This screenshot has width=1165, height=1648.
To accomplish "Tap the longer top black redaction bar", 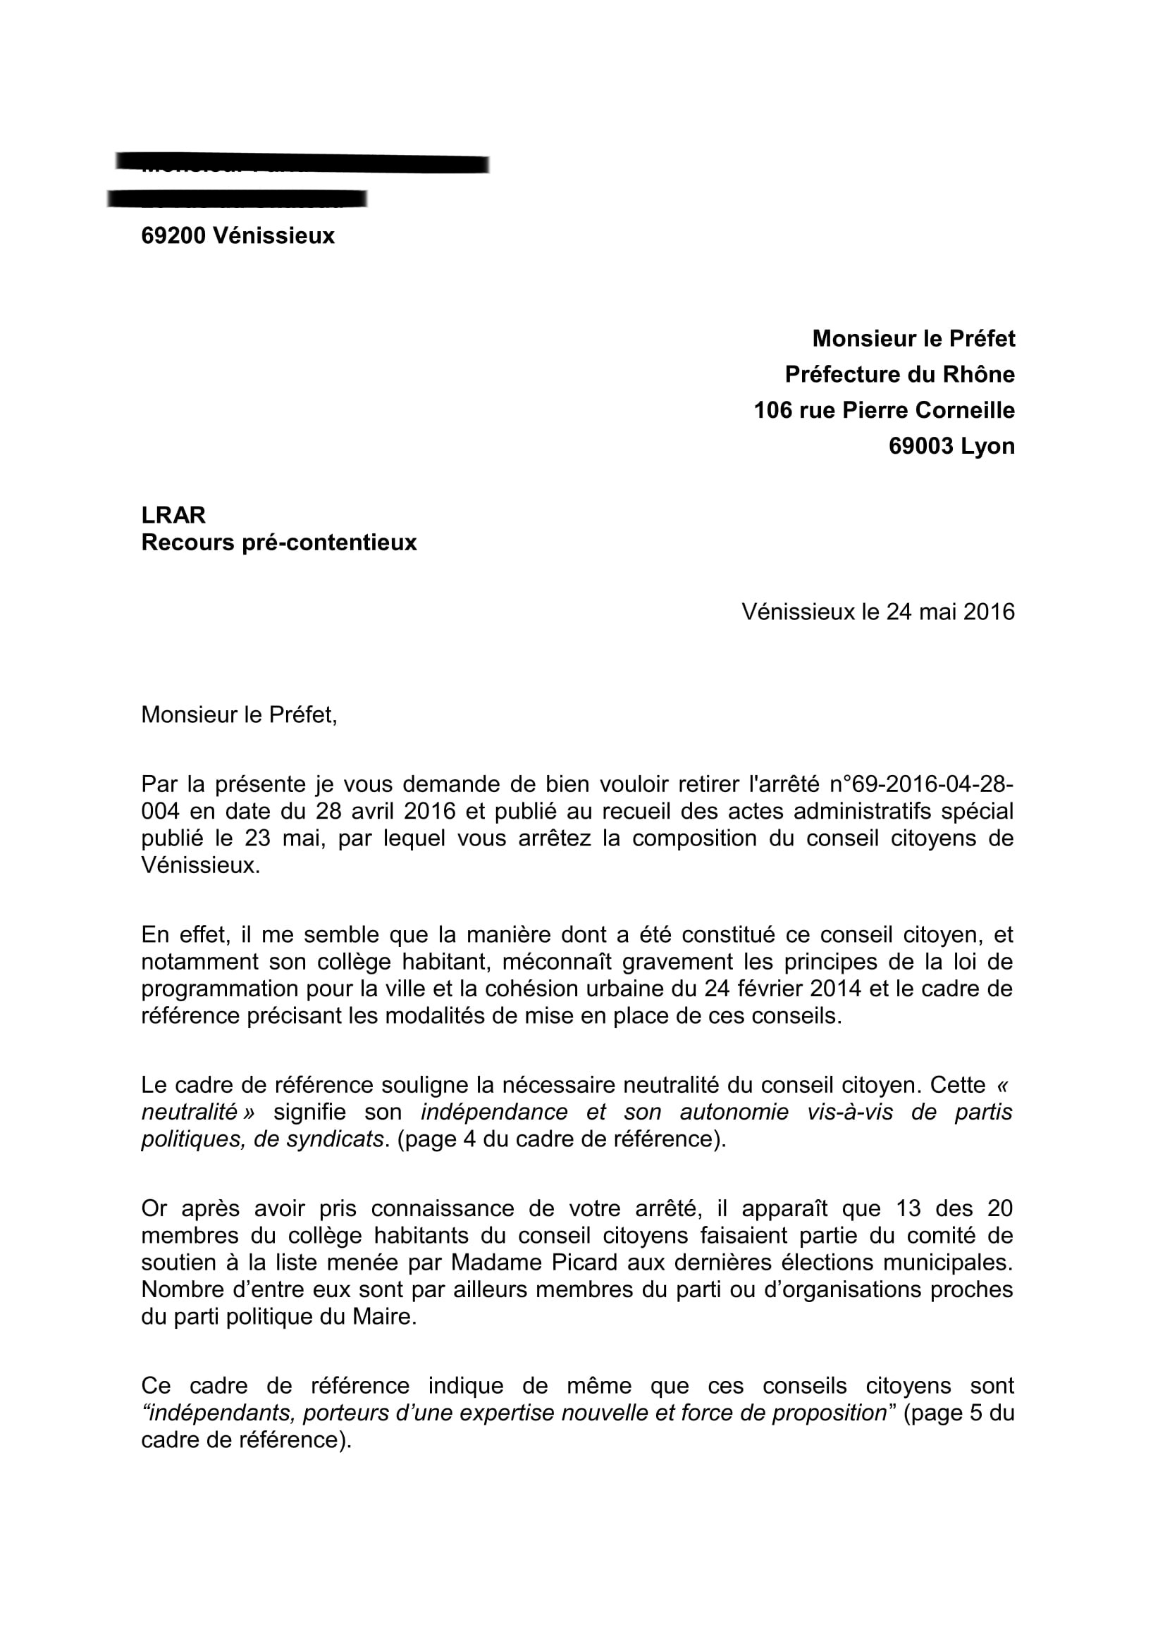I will [302, 163].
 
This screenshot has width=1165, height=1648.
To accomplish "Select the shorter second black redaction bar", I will [237, 198].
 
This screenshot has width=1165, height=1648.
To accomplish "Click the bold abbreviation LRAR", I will [173, 514].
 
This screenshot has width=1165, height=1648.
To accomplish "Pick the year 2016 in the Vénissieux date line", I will [988, 612].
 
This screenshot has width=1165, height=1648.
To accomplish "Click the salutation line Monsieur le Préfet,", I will [239, 715].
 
